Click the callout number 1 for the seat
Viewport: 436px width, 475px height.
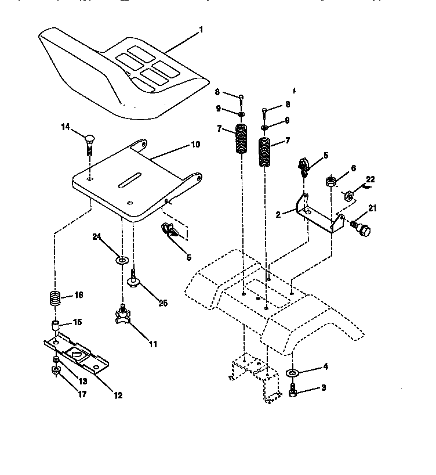pos(201,28)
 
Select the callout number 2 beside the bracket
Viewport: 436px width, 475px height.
pos(278,214)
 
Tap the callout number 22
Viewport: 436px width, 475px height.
pos(370,179)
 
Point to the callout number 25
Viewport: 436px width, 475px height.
pos(162,303)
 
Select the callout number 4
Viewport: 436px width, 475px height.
pos(325,366)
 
